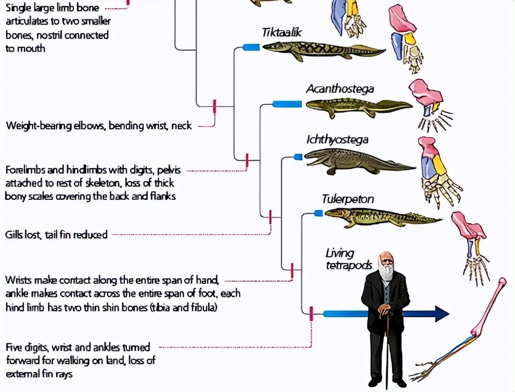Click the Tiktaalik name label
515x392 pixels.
click(281, 33)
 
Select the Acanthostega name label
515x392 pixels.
click(340, 89)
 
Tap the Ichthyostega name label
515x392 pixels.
click(338, 139)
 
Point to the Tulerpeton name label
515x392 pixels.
click(347, 199)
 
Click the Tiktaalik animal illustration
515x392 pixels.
click(323, 50)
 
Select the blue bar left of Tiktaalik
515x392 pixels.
click(251, 47)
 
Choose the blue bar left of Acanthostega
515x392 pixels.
click(287, 104)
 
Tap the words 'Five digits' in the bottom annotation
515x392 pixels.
click(28, 347)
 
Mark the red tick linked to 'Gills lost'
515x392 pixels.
click(271, 216)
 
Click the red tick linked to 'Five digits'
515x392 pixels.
click(311, 313)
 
